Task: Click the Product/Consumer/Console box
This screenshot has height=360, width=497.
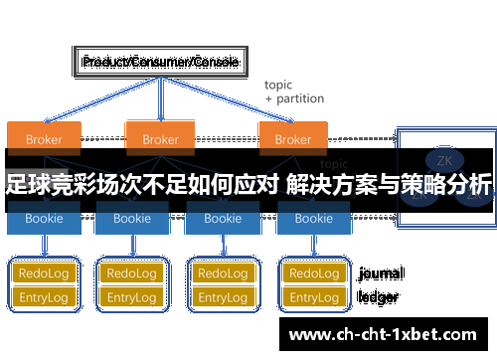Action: tap(159, 63)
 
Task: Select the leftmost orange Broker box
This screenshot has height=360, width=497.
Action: tap(43, 139)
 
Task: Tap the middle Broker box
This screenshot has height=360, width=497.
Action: tap(160, 139)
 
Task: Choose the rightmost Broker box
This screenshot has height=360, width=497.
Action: tap(292, 139)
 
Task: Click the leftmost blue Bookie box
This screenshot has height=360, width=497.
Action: tap(43, 219)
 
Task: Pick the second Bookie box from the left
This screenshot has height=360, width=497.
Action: tap(133, 219)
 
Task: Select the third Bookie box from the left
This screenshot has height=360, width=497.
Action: tap(223, 219)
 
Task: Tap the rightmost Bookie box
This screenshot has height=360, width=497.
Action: tap(313, 219)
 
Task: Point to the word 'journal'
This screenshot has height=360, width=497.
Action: tap(381, 272)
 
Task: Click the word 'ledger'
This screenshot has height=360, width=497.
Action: tap(379, 296)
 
